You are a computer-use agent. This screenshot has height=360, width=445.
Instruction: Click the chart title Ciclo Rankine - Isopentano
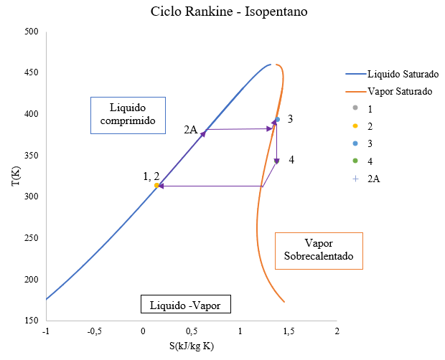coord(222,12)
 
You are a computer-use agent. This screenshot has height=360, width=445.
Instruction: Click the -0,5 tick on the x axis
coord(94,331)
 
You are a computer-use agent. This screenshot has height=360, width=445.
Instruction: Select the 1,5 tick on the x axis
coord(288,331)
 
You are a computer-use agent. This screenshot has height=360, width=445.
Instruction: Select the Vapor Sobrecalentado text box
coord(319,250)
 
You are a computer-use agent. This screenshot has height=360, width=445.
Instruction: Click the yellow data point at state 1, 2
coord(157,186)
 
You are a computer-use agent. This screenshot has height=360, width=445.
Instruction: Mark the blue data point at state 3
coord(277,120)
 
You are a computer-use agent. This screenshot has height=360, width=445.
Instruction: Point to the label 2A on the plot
coord(189,130)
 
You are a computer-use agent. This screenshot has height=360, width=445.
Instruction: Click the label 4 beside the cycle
coord(291,159)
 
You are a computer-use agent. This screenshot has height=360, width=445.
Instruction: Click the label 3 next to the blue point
coord(290,118)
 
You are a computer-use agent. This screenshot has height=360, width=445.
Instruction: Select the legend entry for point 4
coord(370,161)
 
